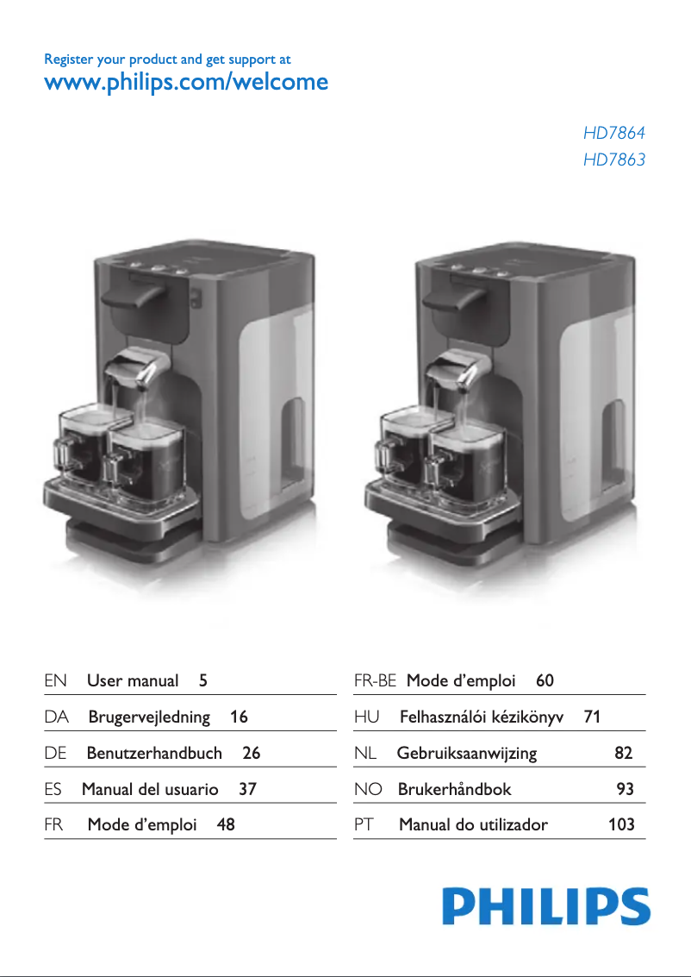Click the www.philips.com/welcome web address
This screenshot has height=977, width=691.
point(185,83)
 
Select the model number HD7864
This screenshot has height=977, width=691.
point(613,134)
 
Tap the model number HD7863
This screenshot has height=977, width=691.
point(613,160)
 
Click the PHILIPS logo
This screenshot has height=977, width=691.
point(546,907)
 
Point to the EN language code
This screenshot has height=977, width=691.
point(56,680)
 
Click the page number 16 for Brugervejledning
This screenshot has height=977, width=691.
point(240,717)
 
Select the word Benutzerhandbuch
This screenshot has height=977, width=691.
point(154,753)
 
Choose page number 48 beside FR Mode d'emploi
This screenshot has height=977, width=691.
point(226,824)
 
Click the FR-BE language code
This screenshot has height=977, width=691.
point(375,680)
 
